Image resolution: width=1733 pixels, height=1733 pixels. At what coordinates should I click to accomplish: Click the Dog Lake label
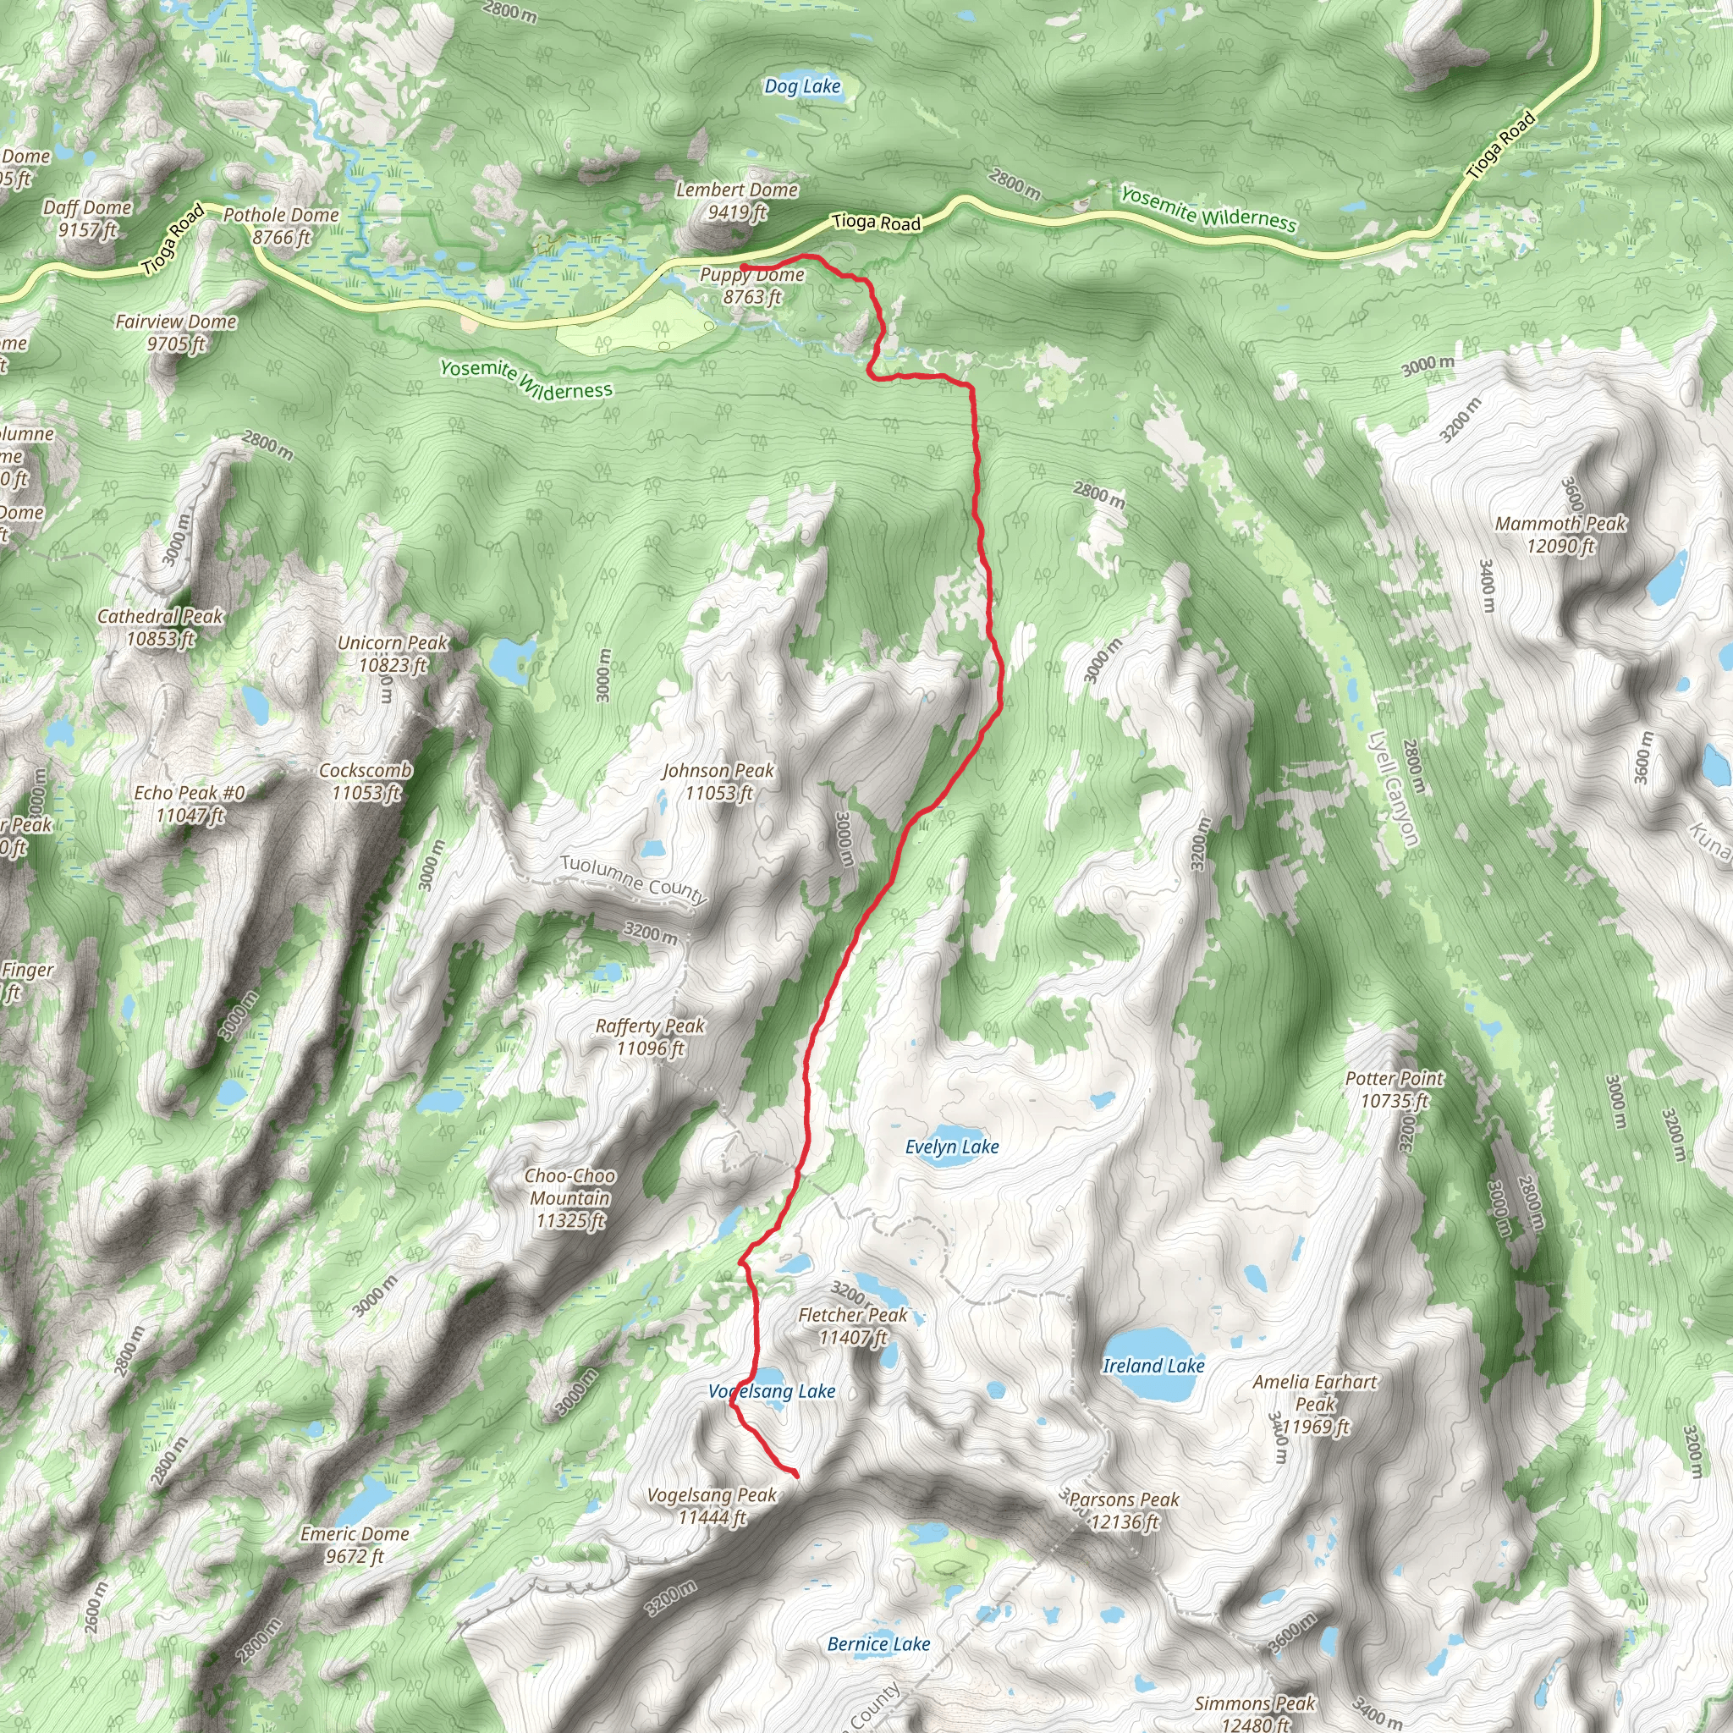803,87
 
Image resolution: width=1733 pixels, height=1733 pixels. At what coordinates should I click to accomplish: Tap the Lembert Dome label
736,201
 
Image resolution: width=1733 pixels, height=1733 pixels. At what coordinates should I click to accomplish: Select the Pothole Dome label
281,226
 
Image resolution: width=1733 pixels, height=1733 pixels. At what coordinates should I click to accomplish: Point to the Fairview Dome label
176,333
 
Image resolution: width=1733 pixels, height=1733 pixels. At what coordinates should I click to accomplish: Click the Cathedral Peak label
160,627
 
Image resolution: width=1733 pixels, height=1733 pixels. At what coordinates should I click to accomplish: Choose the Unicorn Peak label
392,654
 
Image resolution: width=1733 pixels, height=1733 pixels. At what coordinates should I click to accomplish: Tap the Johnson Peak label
718,781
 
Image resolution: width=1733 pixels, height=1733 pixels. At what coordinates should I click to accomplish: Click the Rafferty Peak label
651,1037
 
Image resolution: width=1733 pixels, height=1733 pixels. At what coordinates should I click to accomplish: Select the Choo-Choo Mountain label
570,1198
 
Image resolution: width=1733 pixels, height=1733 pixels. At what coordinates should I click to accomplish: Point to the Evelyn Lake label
952,1147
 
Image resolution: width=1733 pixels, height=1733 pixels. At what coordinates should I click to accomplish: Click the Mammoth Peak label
1560,535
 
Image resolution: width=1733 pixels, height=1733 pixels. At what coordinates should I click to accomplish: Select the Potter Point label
1395,1090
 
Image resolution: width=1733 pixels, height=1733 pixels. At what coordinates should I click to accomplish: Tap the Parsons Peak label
1124,1510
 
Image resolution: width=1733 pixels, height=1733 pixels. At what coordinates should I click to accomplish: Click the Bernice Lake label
878,1644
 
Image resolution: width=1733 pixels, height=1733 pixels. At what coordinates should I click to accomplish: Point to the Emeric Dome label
355,1544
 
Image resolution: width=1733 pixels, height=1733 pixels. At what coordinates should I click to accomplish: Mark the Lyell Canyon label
1393,789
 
